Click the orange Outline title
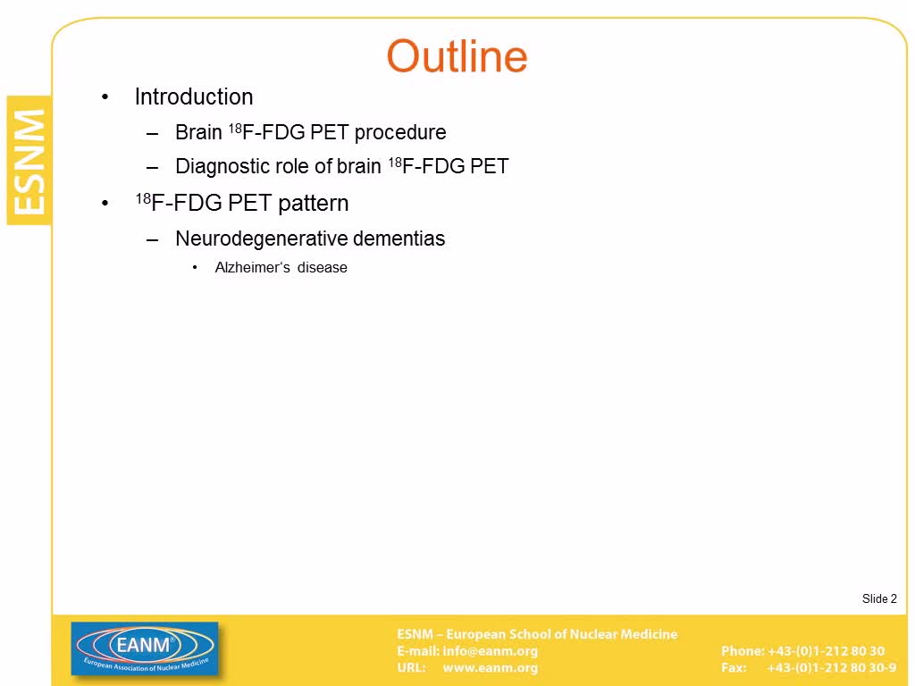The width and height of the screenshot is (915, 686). tap(457, 56)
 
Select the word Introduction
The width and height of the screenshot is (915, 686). tap(194, 96)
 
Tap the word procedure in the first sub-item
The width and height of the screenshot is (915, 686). tap(400, 132)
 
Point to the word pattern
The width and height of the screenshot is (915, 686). tap(314, 204)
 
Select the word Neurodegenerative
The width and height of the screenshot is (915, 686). tap(261, 238)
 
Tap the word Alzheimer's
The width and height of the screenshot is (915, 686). tap(253, 268)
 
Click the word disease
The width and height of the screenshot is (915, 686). tap(322, 268)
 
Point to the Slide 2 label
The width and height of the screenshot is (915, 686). tap(879, 599)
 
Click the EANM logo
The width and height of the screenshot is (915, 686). tap(145, 649)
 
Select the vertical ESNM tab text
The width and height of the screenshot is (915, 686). tap(29, 162)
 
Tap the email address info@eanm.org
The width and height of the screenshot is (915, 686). tap(491, 651)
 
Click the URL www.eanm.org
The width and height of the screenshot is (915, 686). tap(491, 668)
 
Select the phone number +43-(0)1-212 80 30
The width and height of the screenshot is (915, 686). tap(826, 651)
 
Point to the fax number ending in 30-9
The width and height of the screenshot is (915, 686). tap(832, 668)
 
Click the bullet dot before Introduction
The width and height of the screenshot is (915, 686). tap(105, 97)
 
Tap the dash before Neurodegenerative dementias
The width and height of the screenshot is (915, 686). tap(152, 239)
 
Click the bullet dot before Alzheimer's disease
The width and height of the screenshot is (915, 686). tap(195, 268)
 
